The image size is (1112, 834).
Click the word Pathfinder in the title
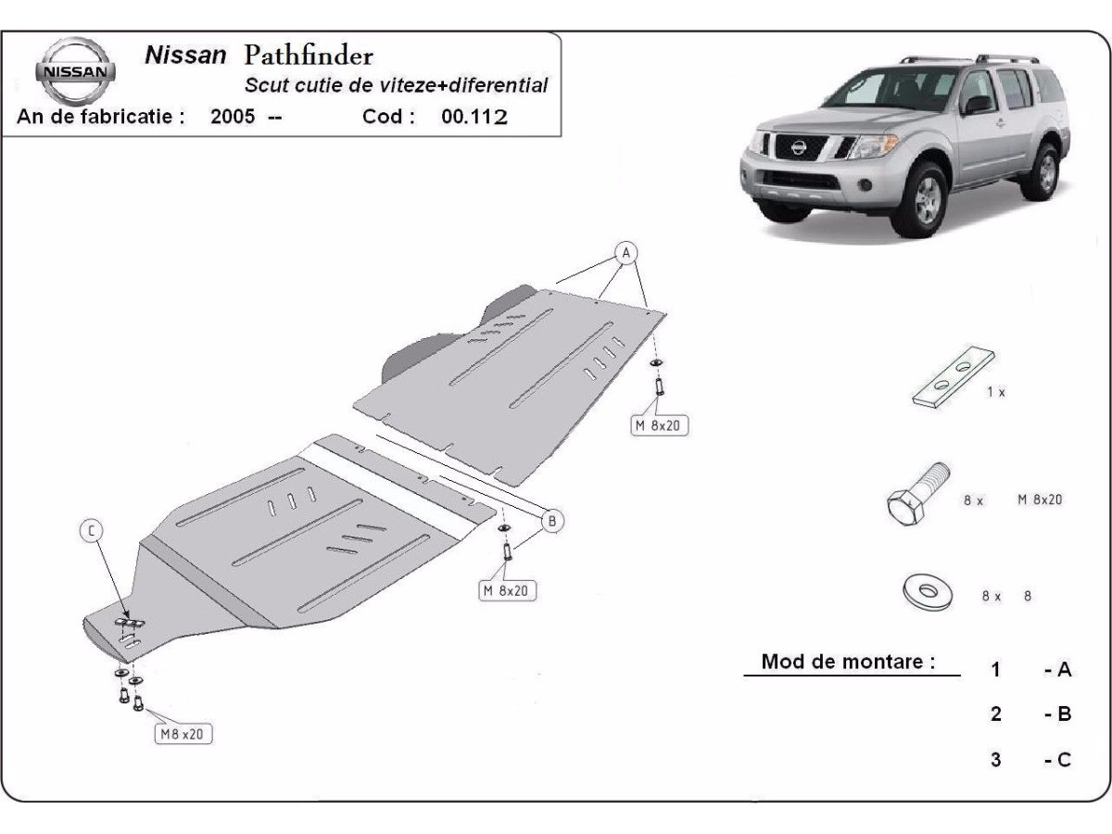[309, 56]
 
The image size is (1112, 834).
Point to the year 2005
[233, 117]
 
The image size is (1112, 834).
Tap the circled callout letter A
[625, 252]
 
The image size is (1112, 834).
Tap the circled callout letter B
[550, 521]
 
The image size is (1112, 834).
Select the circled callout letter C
[91, 530]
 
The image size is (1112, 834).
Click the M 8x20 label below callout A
[661, 426]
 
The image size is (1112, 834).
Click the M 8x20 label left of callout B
[509, 590]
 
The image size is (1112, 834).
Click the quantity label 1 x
[996, 392]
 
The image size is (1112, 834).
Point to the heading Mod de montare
[848, 663]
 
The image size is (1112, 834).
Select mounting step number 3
[995, 760]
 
